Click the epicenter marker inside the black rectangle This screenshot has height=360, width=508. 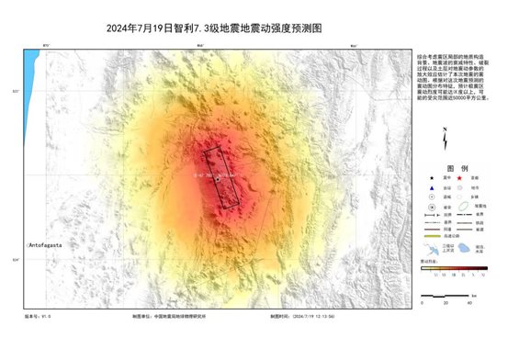(216, 181)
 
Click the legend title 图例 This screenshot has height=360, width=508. (445, 168)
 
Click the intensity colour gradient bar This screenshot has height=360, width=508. (450, 267)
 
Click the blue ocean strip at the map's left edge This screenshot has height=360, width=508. (30, 69)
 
